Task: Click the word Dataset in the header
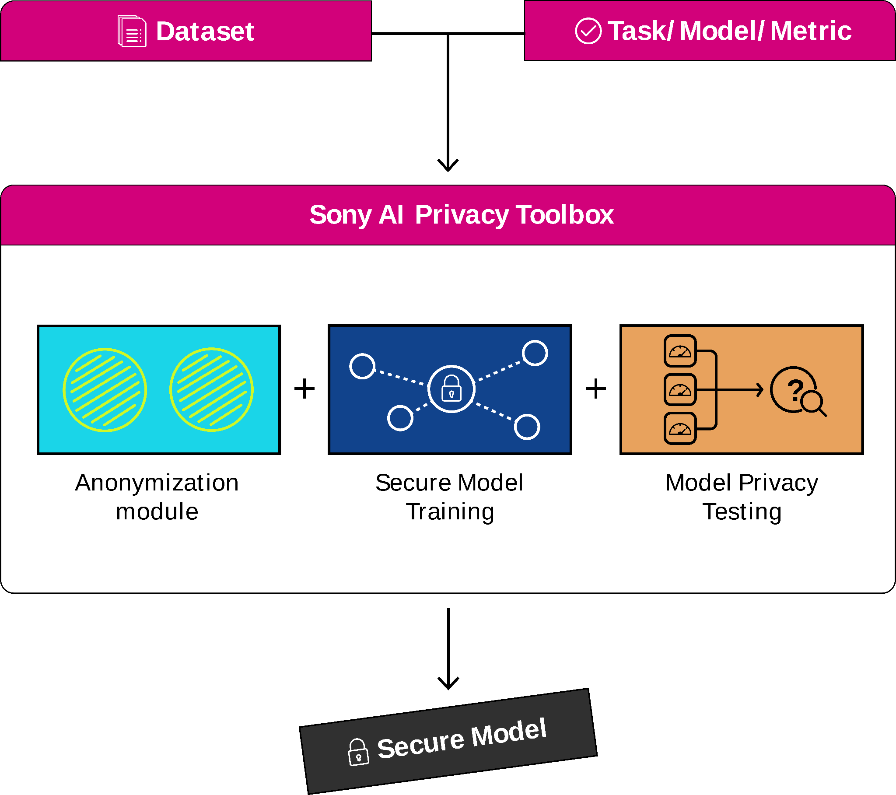(x=205, y=32)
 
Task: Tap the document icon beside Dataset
(x=132, y=31)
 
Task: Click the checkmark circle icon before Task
(x=588, y=31)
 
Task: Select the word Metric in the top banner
(x=811, y=31)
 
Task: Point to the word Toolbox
(x=565, y=215)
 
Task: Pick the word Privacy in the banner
(x=462, y=215)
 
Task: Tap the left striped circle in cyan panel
(x=105, y=390)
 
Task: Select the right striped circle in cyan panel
(x=211, y=390)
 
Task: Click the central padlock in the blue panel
(x=451, y=389)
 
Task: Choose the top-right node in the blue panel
(x=535, y=353)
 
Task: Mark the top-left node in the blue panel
(x=362, y=366)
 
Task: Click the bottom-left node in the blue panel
(x=400, y=418)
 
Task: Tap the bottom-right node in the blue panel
(x=527, y=427)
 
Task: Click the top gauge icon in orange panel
(x=680, y=351)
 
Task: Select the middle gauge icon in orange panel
(x=680, y=389)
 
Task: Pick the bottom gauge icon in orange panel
(x=680, y=428)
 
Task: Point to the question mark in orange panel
(x=795, y=389)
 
